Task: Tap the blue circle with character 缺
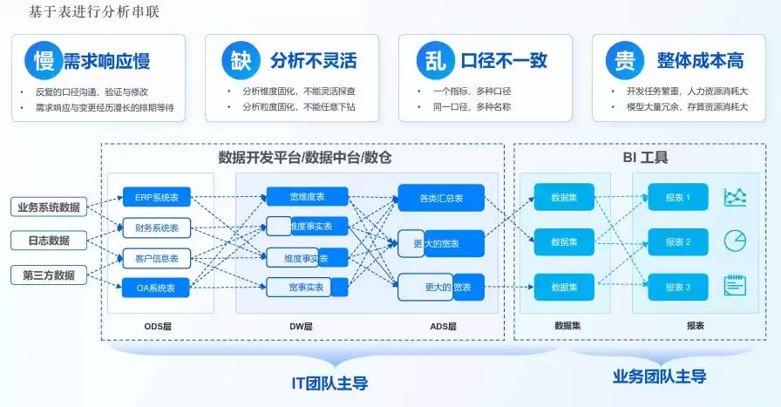pyautogui.click(x=239, y=61)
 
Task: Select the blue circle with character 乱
pyautogui.click(x=433, y=61)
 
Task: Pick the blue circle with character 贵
pyautogui.click(x=625, y=61)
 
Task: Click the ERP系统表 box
pyautogui.click(x=157, y=198)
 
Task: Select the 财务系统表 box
pyautogui.click(x=157, y=228)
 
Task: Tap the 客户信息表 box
pyautogui.click(x=157, y=258)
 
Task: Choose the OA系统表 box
pyautogui.click(x=157, y=287)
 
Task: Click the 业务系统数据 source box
pyautogui.click(x=49, y=207)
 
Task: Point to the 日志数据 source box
pyautogui.click(x=49, y=241)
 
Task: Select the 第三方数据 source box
pyautogui.click(x=49, y=275)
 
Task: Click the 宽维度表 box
pyautogui.click(x=307, y=197)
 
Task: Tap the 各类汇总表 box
pyautogui.click(x=440, y=198)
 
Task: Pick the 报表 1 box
pyautogui.click(x=677, y=198)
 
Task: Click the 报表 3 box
pyautogui.click(x=677, y=287)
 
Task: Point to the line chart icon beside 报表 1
pyautogui.click(x=736, y=198)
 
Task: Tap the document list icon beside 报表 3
pyautogui.click(x=736, y=286)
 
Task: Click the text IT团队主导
pyautogui.click(x=329, y=382)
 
